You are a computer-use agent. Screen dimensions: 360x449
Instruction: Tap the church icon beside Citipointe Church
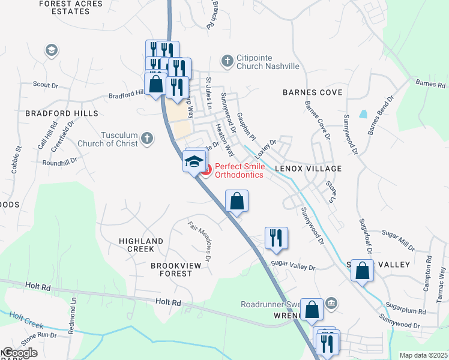click(x=227, y=61)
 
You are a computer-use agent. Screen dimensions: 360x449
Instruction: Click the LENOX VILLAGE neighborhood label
click(x=308, y=169)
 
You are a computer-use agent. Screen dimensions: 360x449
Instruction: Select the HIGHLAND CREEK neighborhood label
click(x=141, y=245)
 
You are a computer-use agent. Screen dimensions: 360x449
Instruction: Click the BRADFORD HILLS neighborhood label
click(x=53, y=113)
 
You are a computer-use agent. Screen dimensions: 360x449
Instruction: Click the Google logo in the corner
click(x=19, y=352)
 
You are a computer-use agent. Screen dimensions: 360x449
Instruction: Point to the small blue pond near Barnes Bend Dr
click(x=363, y=113)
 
